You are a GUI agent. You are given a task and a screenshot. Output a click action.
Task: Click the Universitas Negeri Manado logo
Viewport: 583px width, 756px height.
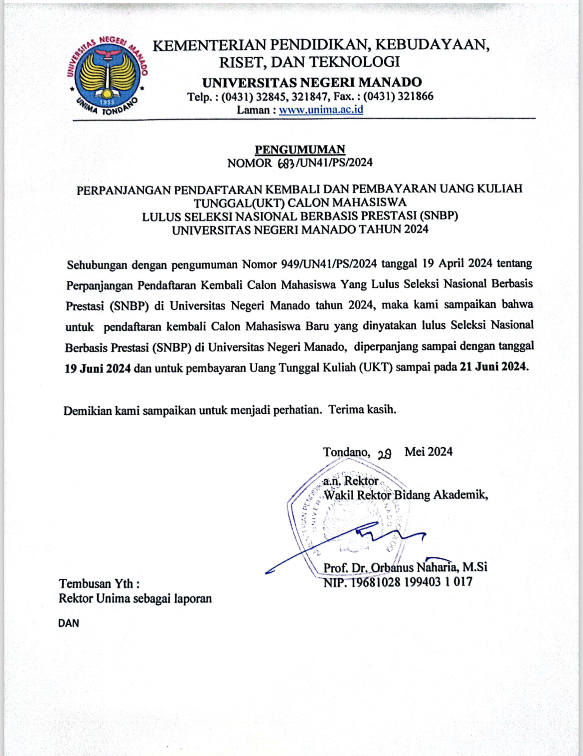click(107, 75)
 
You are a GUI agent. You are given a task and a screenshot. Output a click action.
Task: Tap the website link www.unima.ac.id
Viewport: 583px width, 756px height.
click(321, 110)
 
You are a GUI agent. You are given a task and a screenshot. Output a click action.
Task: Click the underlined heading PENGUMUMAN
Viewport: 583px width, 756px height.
click(300, 149)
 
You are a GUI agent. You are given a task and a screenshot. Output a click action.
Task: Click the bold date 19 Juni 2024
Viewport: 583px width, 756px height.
click(98, 368)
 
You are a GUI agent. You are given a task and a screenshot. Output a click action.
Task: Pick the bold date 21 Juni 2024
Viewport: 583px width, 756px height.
click(493, 367)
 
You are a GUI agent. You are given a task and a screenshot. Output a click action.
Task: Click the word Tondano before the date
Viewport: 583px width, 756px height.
click(346, 452)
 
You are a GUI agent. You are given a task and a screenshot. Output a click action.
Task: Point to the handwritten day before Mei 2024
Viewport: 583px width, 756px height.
click(385, 453)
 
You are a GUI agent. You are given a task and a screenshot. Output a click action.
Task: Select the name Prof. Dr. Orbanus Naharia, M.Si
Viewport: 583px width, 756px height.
click(405, 567)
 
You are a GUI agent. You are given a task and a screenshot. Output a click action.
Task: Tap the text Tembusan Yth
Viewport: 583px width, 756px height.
click(99, 583)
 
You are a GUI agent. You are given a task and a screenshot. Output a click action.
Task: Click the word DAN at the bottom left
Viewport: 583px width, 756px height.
click(69, 623)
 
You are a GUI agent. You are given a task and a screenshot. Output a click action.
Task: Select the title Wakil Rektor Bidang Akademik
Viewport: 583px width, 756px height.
click(406, 495)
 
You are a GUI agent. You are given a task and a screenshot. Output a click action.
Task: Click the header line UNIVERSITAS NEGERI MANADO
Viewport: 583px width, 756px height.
click(312, 82)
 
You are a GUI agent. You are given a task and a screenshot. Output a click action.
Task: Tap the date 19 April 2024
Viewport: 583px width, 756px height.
click(457, 263)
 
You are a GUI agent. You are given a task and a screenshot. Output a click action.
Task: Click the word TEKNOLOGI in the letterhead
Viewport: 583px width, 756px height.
click(355, 62)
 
